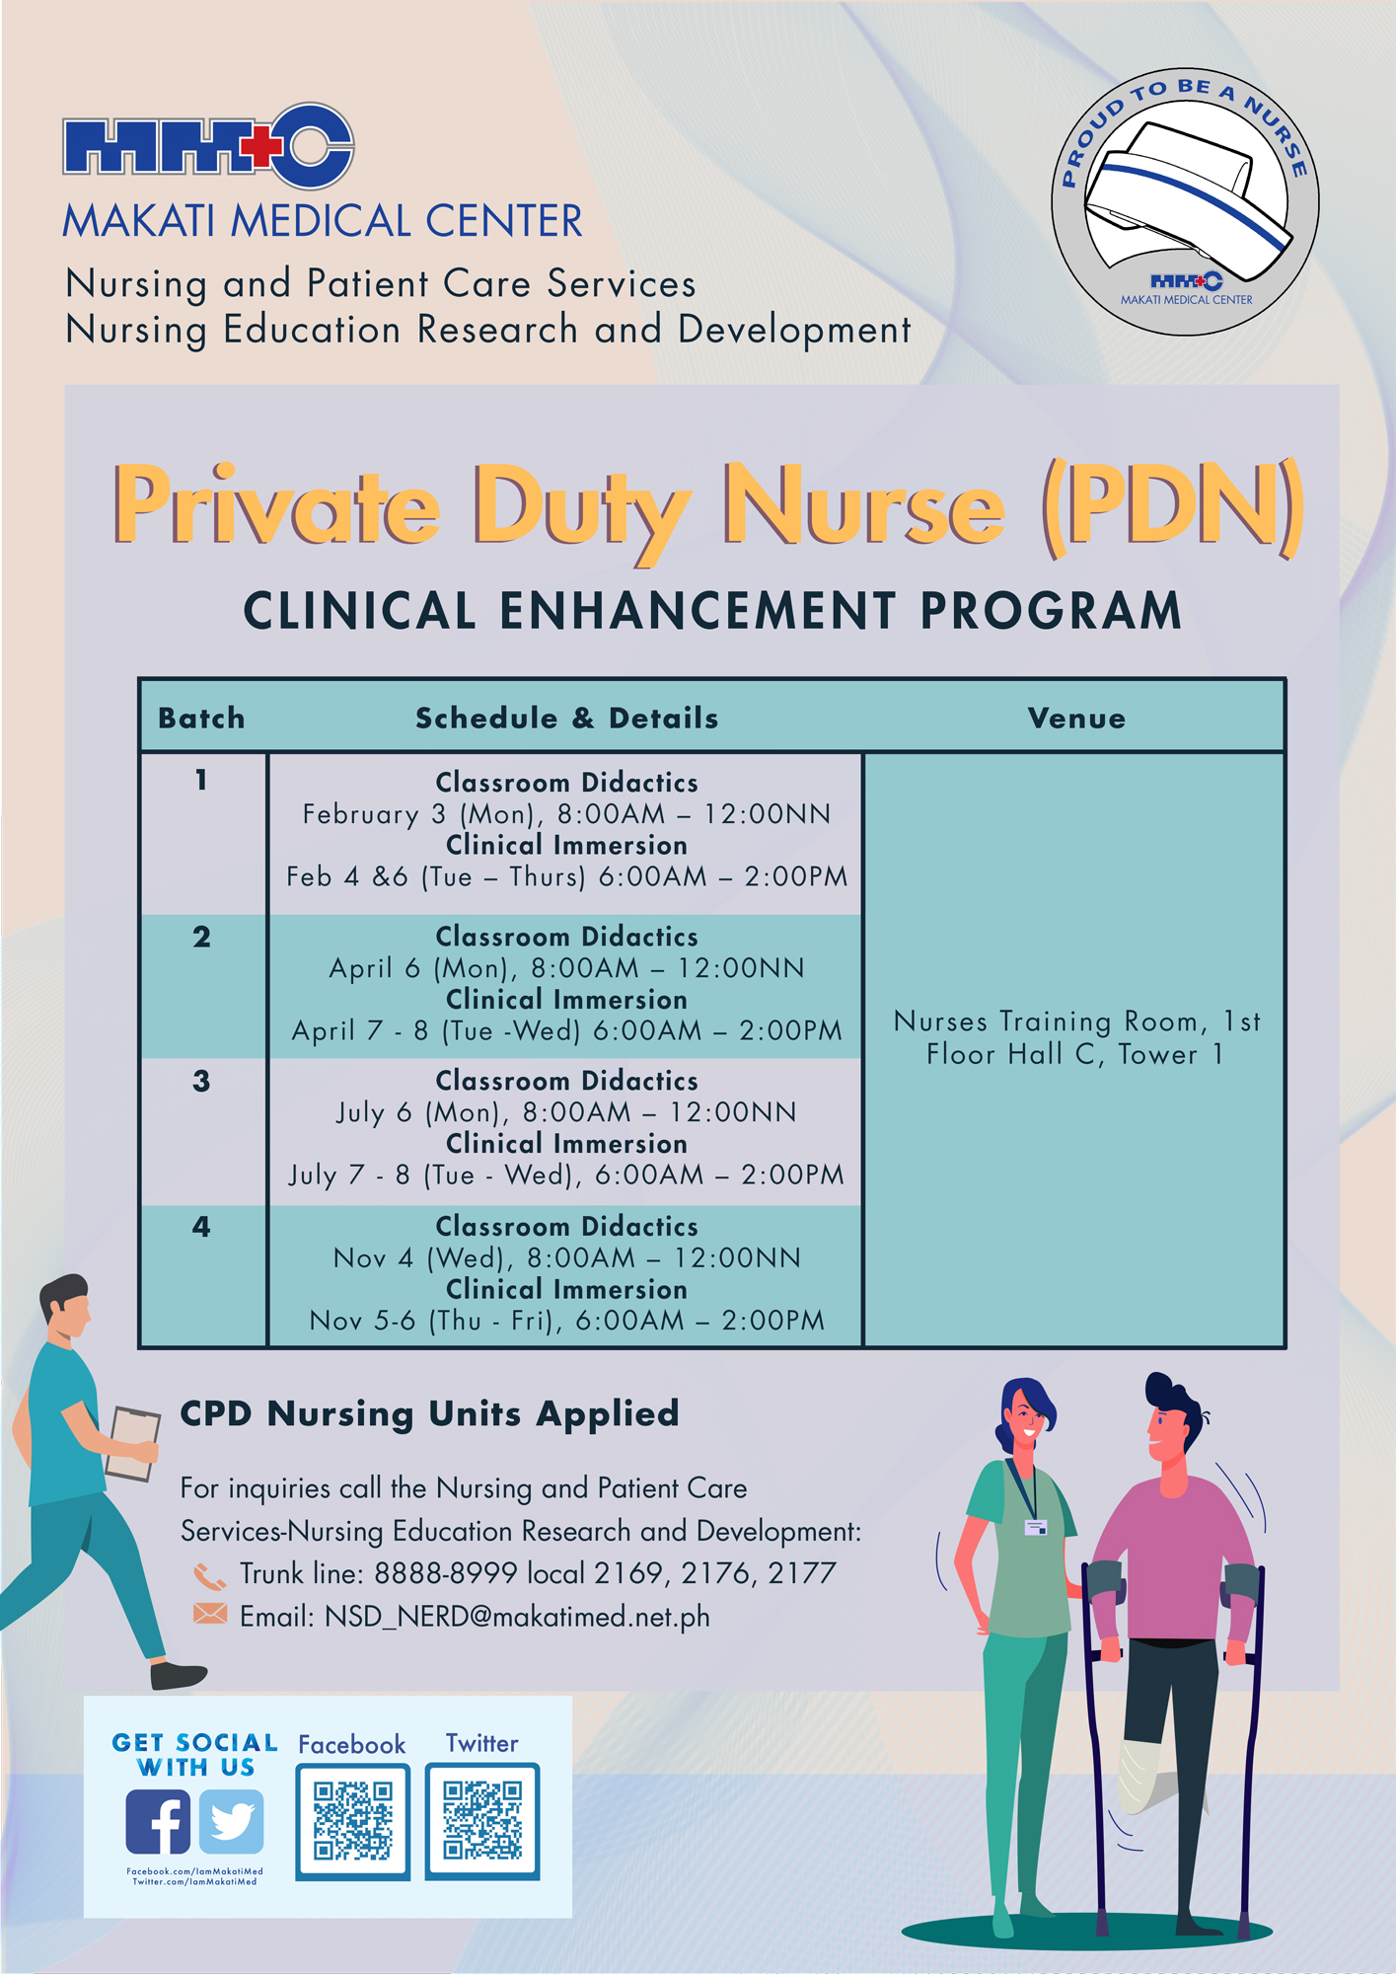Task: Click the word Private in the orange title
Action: [277, 505]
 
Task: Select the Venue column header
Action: [1076, 719]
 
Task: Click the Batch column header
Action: [201, 719]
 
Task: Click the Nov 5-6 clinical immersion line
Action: [566, 1321]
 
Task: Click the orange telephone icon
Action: [209, 1576]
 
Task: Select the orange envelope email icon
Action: [210, 1614]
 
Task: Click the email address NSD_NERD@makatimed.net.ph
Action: [517, 1617]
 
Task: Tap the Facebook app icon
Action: [158, 1822]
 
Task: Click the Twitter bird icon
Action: [232, 1822]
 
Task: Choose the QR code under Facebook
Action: [352, 1821]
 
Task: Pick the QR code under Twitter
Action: [482, 1820]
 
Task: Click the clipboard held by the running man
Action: [132, 1443]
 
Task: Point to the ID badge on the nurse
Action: [1035, 1527]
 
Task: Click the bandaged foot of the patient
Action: [1146, 1777]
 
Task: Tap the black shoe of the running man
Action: [179, 1675]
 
